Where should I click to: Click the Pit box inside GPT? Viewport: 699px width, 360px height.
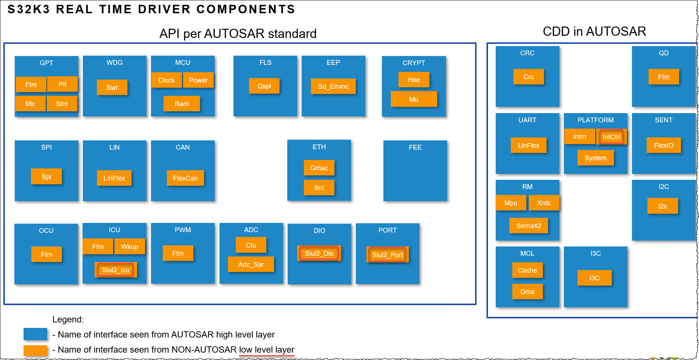tap(62, 84)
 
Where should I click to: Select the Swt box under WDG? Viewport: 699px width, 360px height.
tap(112, 88)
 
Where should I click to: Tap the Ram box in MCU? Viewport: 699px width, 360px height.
tap(182, 104)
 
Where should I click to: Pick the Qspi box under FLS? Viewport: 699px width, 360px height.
tap(264, 86)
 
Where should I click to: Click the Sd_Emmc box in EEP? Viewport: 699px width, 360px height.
tap(333, 87)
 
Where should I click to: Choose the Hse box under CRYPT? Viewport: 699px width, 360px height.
tap(414, 80)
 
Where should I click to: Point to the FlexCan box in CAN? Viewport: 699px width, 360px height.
tap(185, 178)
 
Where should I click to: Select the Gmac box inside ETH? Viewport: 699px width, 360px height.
tap(319, 168)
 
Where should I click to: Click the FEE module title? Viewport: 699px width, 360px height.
tap(415, 147)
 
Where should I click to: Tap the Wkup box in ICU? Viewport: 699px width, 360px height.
tap(130, 247)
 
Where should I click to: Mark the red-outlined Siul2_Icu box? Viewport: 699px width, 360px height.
tap(116, 270)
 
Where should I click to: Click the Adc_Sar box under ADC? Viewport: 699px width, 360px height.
tap(251, 265)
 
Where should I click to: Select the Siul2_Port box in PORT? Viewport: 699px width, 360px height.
tap(387, 255)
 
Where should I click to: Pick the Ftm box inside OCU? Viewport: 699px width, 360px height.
tap(46, 255)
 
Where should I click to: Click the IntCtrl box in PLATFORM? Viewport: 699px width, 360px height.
tap(611, 137)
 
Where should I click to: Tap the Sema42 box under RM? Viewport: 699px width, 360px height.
tap(528, 226)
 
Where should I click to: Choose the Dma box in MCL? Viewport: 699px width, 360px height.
tap(527, 292)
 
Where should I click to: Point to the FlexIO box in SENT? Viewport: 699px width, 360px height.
tap(664, 146)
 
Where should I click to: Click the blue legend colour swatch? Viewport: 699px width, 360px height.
tap(35, 334)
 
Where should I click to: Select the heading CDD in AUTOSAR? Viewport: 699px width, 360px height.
tap(594, 32)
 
